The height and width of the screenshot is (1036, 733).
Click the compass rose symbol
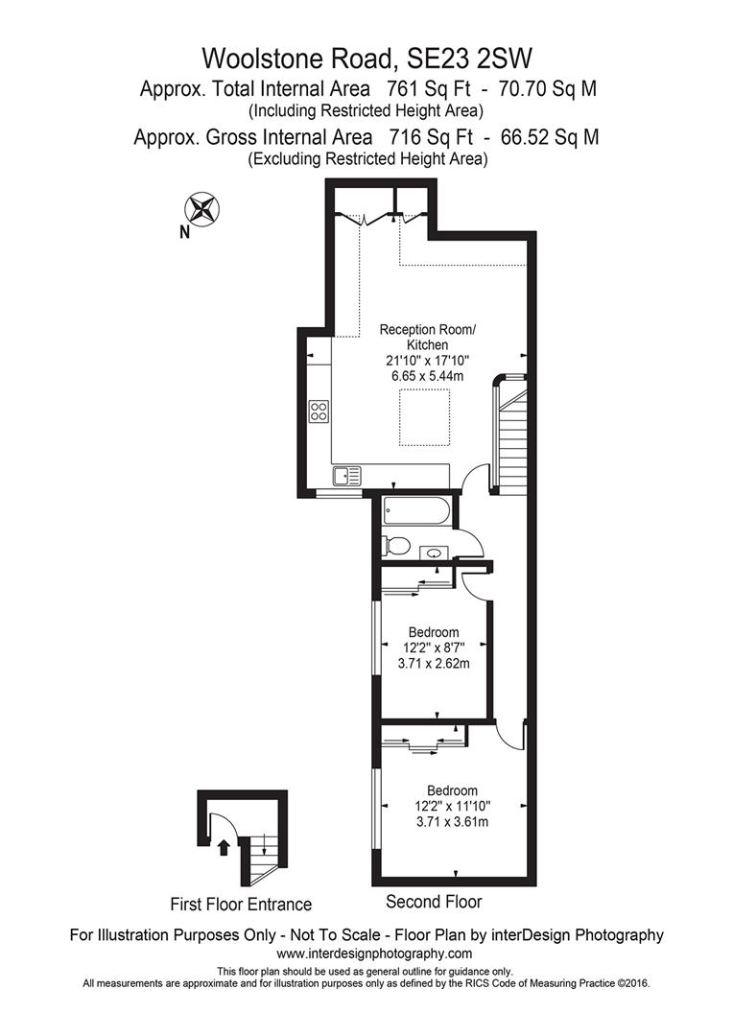pos(203,208)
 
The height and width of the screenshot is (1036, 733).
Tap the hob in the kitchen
pos(319,412)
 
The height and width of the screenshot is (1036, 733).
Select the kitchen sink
pos(346,475)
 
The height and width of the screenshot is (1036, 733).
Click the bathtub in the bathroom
pos(415,511)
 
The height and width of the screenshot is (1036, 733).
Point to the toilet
pos(395,546)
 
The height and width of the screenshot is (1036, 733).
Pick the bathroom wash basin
pos(434,553)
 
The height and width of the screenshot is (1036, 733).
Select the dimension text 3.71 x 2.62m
pos(433,663)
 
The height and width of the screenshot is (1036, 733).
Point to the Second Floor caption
pos(434,902)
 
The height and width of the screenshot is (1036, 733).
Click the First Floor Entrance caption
pos(241,904)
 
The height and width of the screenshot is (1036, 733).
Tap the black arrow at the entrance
pos(224,846)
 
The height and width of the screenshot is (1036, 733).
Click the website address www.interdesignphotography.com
pos(374,954)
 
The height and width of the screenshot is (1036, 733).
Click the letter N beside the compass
pos(183,230)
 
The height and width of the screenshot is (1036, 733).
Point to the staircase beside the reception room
pos(510,436)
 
